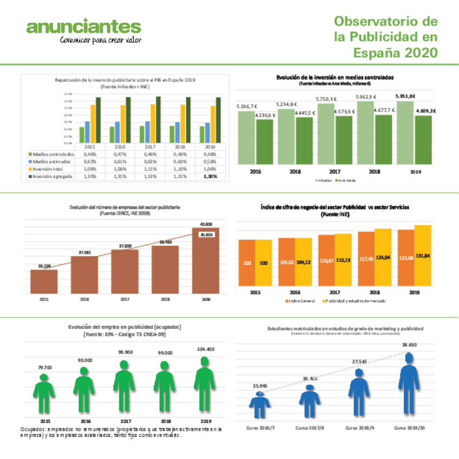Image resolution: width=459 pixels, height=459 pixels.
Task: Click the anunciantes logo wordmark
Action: click(x=84, y=27)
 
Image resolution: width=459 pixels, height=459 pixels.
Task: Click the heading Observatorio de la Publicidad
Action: click(x=385, y=37)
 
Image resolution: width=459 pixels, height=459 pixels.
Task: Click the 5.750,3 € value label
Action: click(x=326, y=99)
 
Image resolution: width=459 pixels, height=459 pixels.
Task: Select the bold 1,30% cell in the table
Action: click(x=211, y=176)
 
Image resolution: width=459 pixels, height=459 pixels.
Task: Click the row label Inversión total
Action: click(x=47, y=169)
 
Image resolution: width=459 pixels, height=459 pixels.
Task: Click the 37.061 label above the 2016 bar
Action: click(x=84, y=252)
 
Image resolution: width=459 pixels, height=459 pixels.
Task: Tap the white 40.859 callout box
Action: click(x=206, y=235)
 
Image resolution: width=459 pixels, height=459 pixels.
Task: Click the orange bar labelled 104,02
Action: click(x=287, y=262)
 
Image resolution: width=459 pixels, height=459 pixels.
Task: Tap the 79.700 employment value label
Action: click(x=45, y=368)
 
